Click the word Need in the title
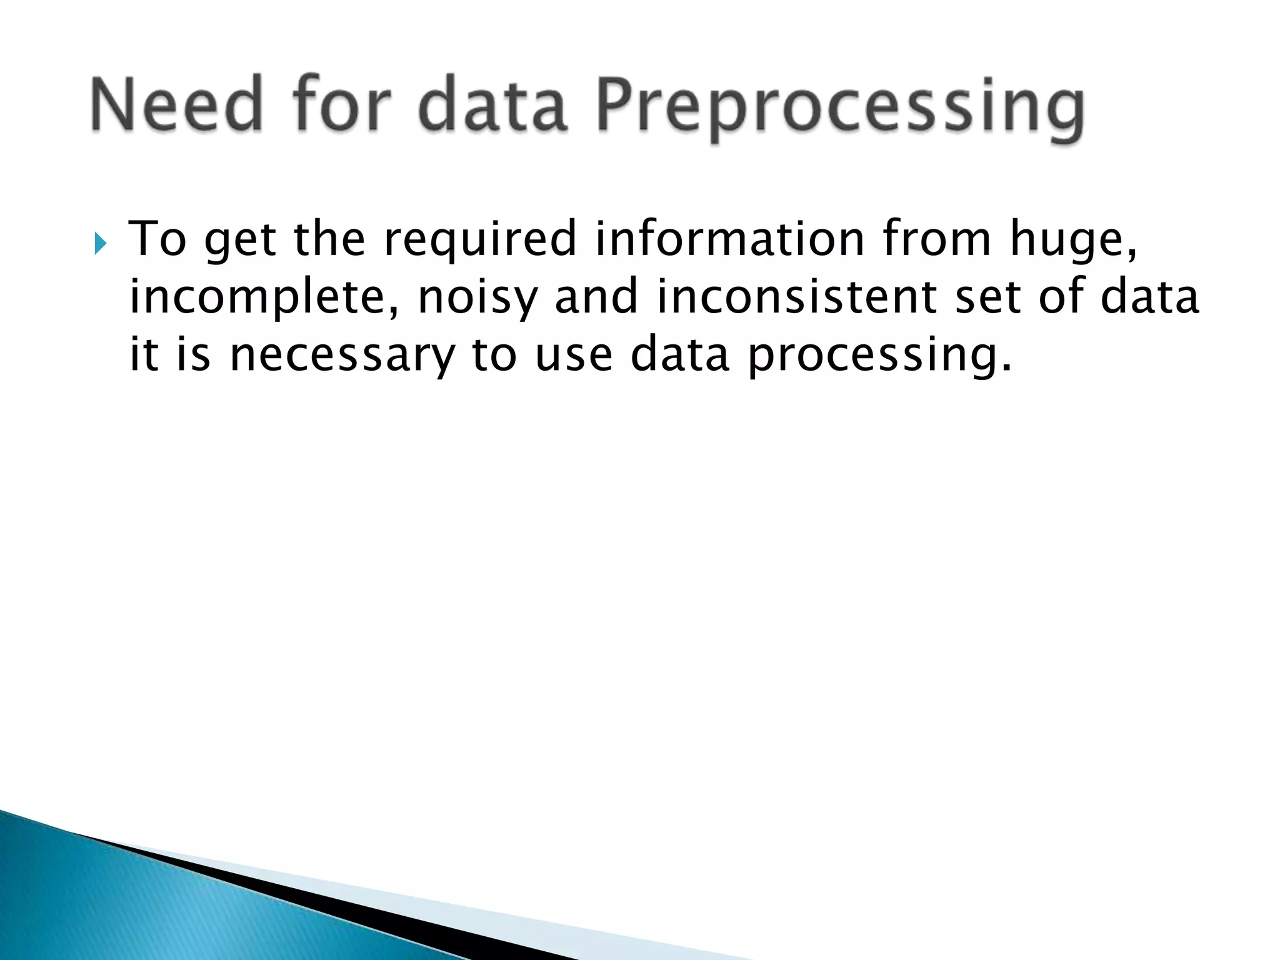[176, 104]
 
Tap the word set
[989, 297]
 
